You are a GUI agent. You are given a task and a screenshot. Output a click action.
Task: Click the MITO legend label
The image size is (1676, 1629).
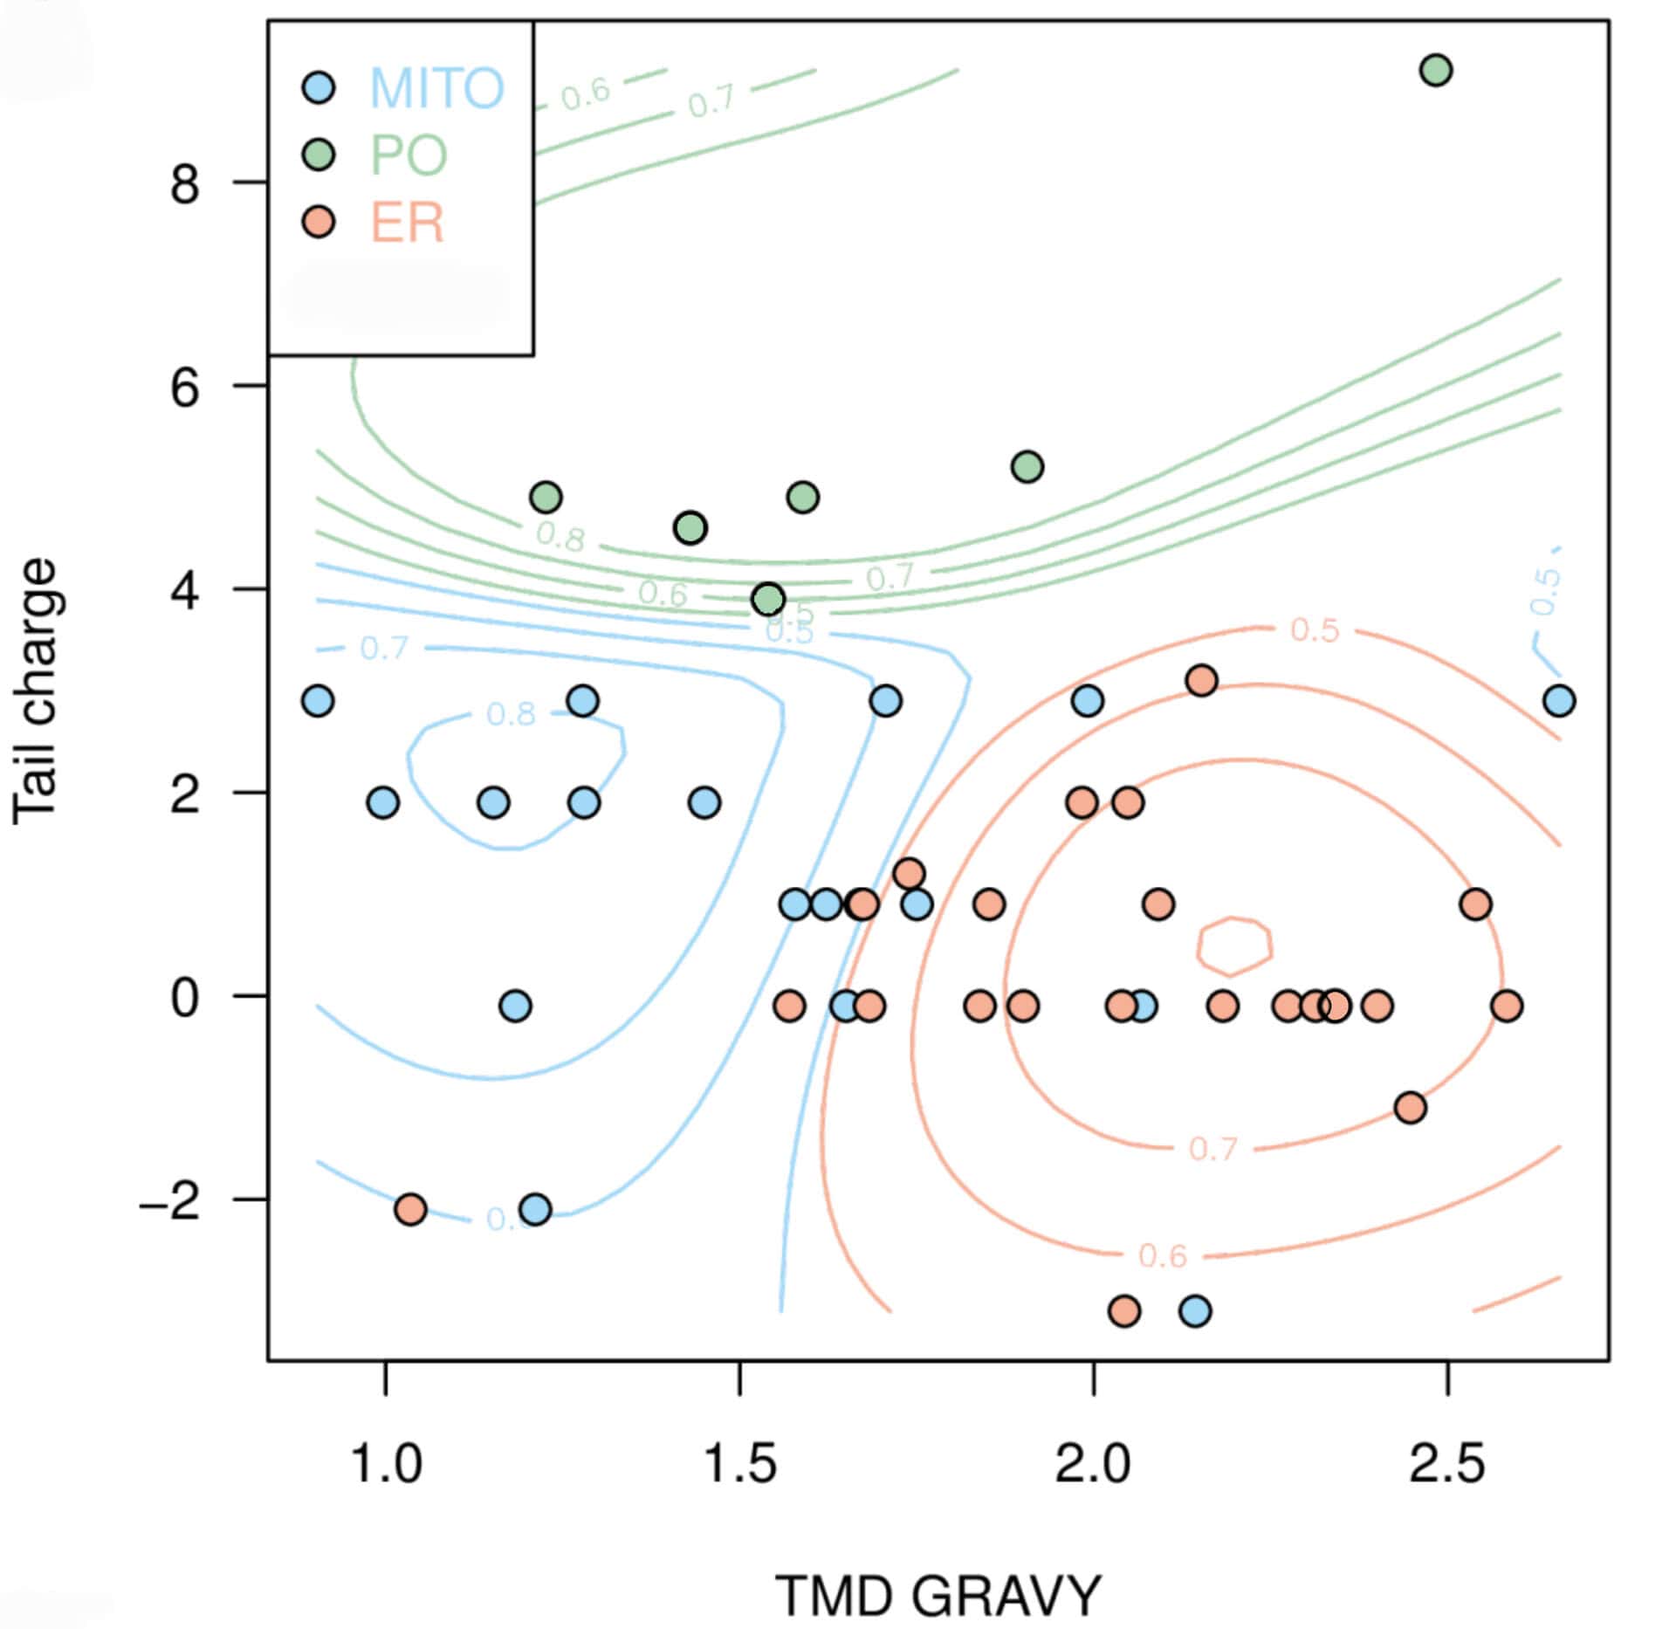click(x=437, y=87)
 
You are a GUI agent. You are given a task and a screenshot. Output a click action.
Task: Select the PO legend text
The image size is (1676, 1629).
click(x=409, y=155)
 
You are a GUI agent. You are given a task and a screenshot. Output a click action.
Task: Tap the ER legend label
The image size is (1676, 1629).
click(x=408, y=223)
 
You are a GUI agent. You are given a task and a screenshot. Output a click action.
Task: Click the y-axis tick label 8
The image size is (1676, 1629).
click(x=185, y=183)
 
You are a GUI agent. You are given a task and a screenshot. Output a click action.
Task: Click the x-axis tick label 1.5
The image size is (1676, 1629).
click(x=739, y=1463)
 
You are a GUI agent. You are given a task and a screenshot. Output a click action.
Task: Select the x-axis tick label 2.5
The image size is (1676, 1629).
click(x=1446, y=1463)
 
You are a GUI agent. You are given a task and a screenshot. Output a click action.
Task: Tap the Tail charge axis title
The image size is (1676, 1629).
click(x=36, y=691)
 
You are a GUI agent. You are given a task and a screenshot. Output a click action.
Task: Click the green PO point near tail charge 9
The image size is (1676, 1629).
click(x=1436, y=70)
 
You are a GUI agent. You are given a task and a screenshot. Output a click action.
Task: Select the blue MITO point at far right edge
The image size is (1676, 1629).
click(x=1559, y=700)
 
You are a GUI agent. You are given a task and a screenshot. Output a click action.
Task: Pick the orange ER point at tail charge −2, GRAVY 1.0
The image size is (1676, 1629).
click(x=410, y=1209)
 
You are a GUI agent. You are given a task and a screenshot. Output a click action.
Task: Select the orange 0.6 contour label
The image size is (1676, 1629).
click(x=1163, y=1255)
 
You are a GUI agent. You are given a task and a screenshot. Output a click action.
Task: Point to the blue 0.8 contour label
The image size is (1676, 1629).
click(x=511, y=714)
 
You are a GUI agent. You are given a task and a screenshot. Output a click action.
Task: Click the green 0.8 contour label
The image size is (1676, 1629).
click(x=560, y=537)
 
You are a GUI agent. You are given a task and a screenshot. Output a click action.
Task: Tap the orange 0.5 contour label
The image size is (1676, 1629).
click(x=1315, y=629)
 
